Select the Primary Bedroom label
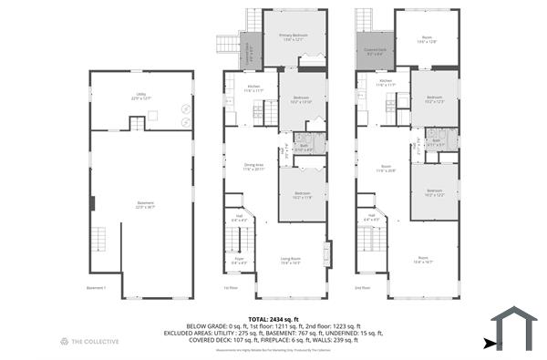tap(294, 37)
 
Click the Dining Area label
tap(253, 167)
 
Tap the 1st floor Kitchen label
tap(253, 89)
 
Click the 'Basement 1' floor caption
tap(97, 287)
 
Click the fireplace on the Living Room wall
tap(326, 252)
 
